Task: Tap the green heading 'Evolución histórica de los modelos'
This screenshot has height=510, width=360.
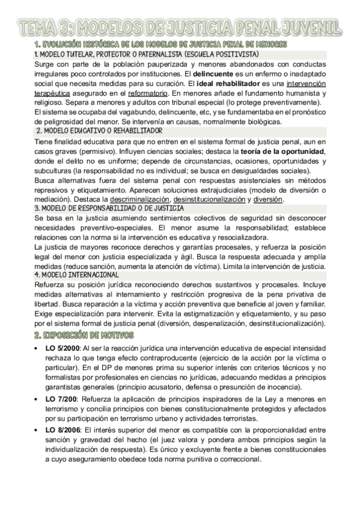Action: click(x=160, y=45)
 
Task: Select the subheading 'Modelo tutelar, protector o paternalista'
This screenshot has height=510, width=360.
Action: click(x=126, y=54)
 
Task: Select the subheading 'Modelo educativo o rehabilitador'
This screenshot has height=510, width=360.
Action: click(x=99, y=131)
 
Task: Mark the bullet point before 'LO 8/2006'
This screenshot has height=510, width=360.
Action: click(x=37, y=431)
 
